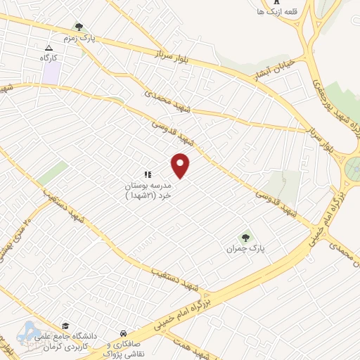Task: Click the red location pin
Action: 181,165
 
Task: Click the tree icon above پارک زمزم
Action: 78,26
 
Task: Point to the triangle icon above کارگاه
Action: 49,48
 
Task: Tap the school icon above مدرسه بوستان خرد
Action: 148,174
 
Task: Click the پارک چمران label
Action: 245,249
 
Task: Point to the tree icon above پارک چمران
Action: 245,237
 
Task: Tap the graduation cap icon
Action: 65,326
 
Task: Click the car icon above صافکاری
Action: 123,333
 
